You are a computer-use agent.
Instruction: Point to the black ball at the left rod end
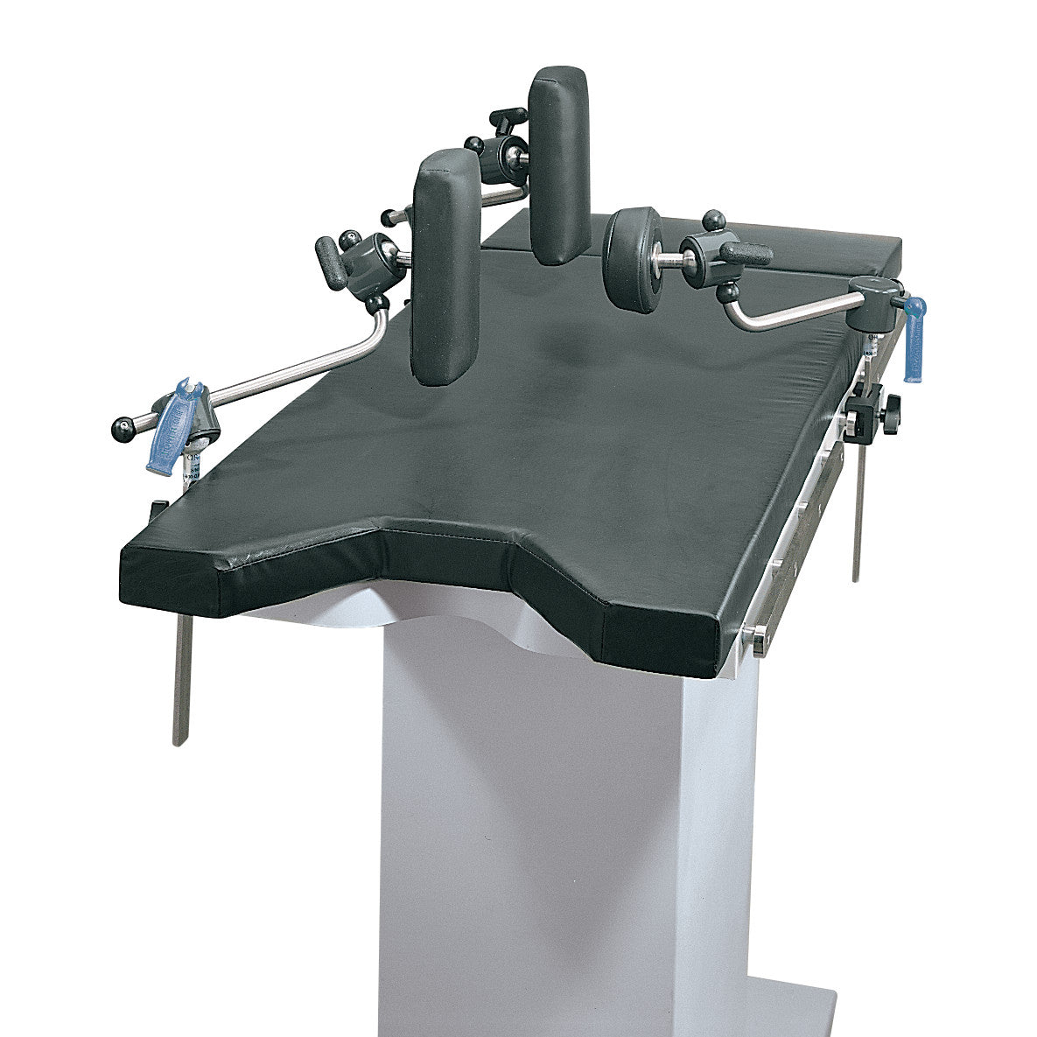(x=121, y=428)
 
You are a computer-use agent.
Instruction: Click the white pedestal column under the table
(x=560, y=814)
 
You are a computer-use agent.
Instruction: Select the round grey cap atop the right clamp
(x=875, y=287)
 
